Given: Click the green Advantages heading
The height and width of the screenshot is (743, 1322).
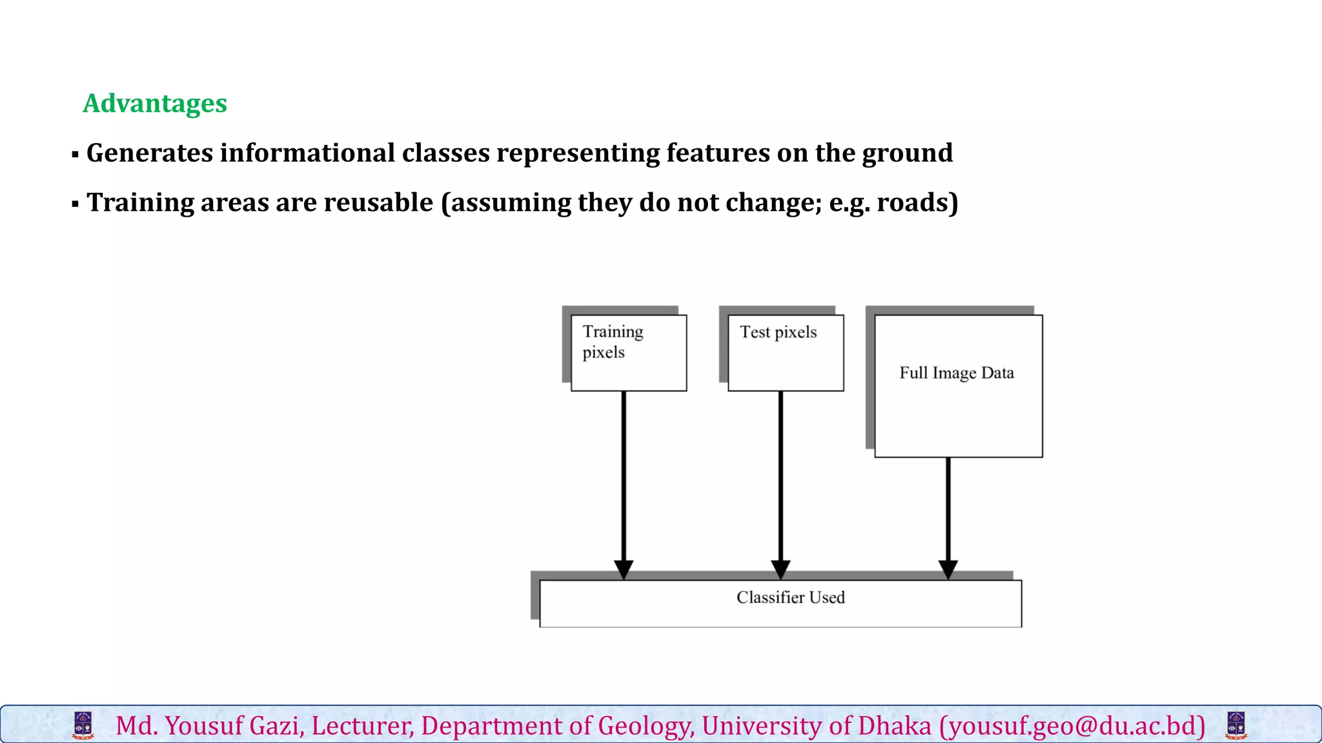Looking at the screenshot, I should click(x=155, y=103).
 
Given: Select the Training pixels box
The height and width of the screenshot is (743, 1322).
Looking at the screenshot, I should click(x=629, y=353).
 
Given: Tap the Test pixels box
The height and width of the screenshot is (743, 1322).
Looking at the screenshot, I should click(x=786, y=353).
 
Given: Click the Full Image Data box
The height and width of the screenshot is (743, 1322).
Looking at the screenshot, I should click(x=958, y=386).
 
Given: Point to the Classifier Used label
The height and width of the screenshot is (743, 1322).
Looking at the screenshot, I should click(x=790, y=598).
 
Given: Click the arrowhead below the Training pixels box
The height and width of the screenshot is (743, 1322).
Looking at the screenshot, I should click(x=624, y=569).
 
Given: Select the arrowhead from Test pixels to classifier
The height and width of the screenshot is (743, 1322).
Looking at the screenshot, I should click(x=780, y=569).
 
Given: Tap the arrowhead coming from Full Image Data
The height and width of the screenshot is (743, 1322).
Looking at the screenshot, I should click(x=948, y=569).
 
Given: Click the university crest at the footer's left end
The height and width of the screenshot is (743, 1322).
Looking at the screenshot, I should click(x=83, y=725).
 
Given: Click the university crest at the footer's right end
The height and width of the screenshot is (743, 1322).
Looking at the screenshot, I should click(x=1236, y=725).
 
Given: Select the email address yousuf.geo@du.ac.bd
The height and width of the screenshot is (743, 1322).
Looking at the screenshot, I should click(x=1072, y=726).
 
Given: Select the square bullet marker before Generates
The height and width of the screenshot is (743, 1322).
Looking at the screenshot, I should click(x=76, y=155).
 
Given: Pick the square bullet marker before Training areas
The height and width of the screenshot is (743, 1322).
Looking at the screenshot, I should click(x=76, y=204).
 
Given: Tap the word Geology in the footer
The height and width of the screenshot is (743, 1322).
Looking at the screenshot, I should click(x=646, y=726).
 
